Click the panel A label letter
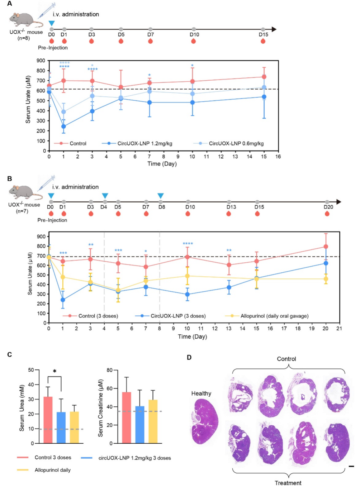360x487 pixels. (10, 4)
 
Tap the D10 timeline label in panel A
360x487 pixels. (194, 34)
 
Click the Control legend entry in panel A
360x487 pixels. (77, 143)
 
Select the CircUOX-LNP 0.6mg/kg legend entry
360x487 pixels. (236, 143)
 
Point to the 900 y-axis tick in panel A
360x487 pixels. (41, 61)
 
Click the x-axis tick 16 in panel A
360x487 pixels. (278, 157)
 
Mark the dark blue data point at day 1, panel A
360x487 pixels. (63, 126)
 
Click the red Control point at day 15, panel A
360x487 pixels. (264, 77)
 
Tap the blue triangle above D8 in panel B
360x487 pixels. (161, 196)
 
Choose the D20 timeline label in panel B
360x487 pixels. (328, 207)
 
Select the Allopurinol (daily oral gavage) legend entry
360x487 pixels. (274, 316)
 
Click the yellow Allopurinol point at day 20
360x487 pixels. (326, 279)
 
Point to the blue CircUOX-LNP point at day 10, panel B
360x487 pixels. (187, 295)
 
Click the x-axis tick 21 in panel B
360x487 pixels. (339, 328)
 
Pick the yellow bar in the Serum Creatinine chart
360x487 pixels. (153, 421)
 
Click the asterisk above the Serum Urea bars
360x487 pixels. (55, 371)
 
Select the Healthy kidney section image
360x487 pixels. (204, 421)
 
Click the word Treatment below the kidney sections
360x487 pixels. (288, 483)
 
